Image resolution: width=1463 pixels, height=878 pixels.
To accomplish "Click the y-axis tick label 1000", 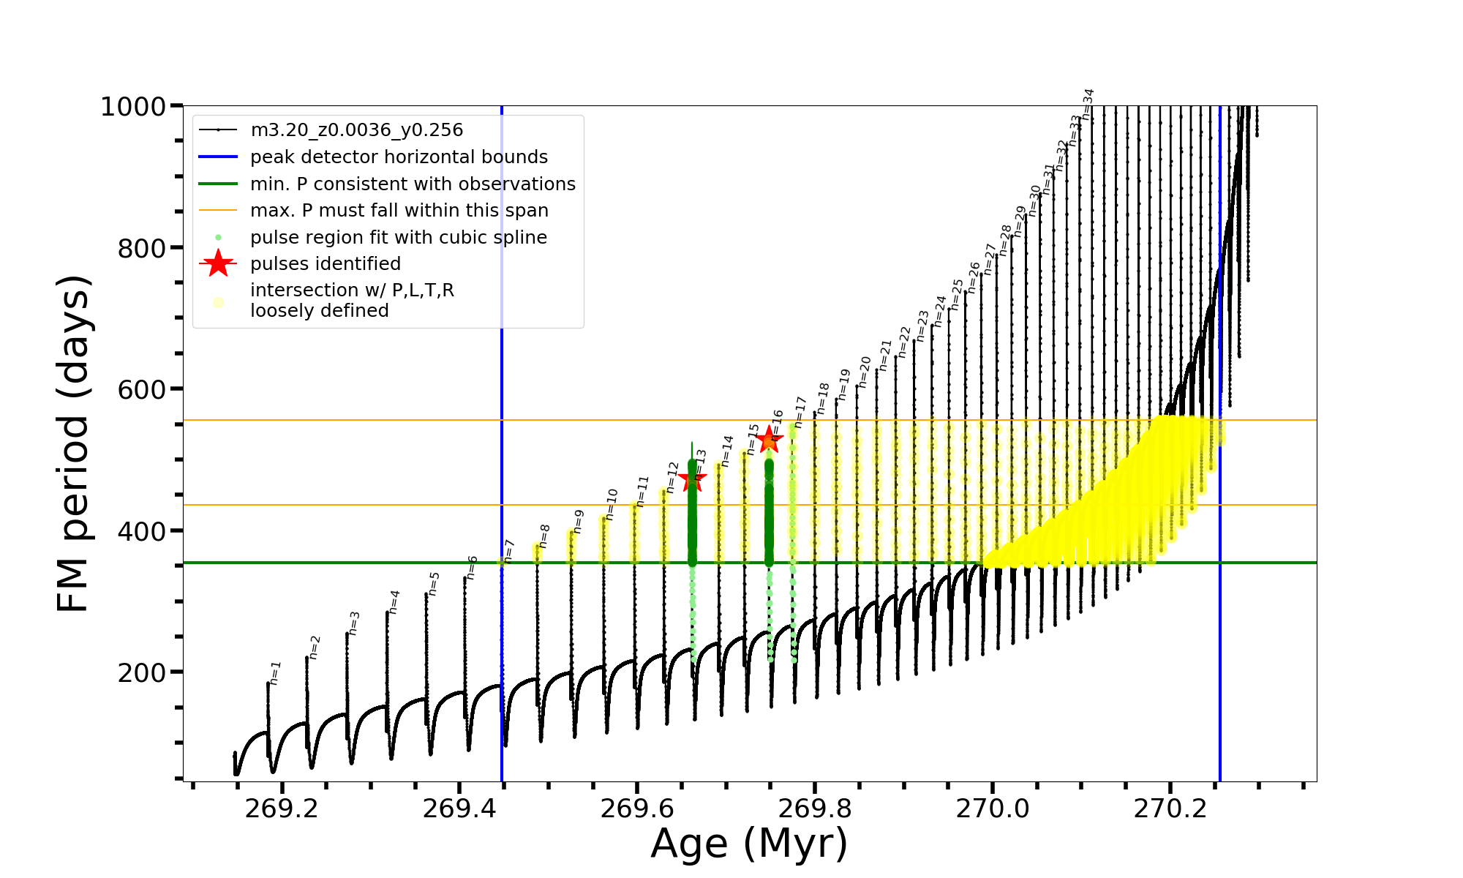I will click(133, 107).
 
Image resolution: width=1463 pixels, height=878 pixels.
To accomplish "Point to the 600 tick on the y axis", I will click(142, 389).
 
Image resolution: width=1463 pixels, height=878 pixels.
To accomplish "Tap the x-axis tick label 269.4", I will click(459, 808).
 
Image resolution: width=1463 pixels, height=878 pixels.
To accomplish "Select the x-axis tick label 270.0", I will click(992, 808).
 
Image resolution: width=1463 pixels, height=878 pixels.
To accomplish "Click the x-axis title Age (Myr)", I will click(749, 844).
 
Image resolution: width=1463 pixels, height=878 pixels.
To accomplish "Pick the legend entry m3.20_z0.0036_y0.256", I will click(356, 130).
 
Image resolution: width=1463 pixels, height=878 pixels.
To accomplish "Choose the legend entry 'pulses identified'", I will click(325, 264).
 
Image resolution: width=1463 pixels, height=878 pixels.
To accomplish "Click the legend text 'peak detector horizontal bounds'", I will click(399, 157).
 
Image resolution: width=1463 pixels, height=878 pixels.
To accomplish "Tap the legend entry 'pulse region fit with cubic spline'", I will click(398, 238).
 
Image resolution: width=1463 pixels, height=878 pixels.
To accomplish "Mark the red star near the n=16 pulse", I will click(769, 440).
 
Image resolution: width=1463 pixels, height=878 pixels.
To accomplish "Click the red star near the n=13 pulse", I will click(692, 479).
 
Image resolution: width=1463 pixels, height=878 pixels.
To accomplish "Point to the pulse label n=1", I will click(275, 673).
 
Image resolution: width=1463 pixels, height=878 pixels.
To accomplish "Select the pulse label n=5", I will click(434, 584).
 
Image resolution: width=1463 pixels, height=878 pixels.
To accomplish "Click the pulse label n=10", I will click(612, 504).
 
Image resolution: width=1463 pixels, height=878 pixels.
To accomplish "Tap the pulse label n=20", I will click(865, 372).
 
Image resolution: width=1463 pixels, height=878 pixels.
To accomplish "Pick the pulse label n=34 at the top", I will click(1088, 104).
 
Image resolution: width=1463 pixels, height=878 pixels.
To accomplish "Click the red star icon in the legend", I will click(218, 264).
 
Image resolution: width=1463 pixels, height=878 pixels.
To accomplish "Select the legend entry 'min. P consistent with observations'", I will click(413, 184).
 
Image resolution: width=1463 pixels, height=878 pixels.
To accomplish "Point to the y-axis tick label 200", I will click(142, 672).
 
